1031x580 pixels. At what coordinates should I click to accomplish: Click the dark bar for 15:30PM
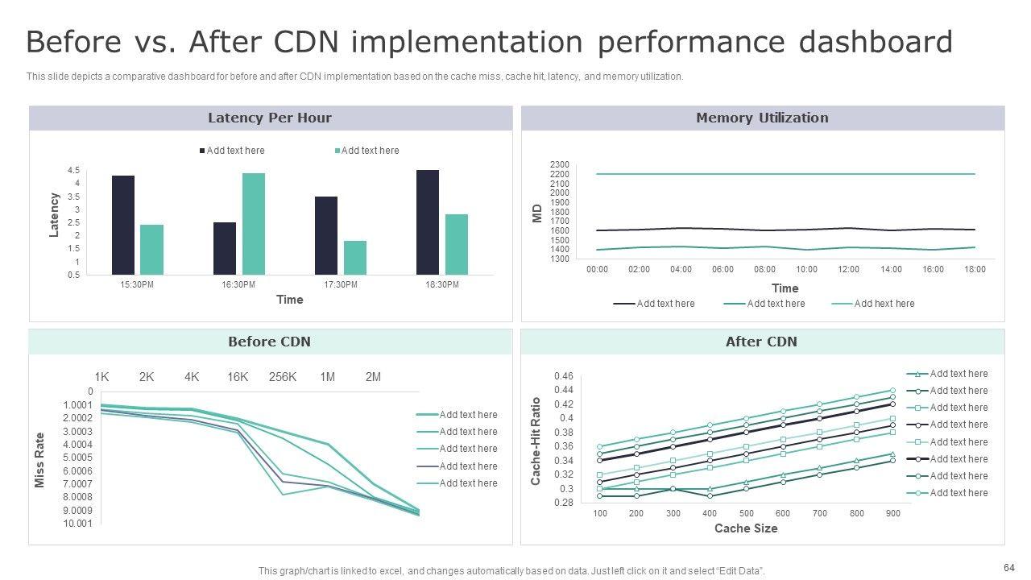123,225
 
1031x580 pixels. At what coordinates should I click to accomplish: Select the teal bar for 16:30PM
254,224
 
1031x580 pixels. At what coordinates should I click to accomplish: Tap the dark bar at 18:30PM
428,222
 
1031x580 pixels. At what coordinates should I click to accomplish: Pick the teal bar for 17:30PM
355,258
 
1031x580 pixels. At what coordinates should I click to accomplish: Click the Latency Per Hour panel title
270,118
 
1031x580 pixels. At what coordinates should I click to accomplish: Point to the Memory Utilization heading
762,118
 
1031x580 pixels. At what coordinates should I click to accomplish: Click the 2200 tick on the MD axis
559,174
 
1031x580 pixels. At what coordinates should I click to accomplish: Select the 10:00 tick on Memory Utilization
806,269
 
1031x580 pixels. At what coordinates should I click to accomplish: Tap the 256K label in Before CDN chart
283,377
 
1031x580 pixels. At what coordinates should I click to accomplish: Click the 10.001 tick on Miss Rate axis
78,524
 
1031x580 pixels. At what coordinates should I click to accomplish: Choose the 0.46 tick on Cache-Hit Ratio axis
564,376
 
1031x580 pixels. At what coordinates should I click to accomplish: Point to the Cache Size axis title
746,528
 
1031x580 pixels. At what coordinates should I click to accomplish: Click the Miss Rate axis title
40,460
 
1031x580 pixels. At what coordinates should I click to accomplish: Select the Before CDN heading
269,342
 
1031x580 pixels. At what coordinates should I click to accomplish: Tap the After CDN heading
761,342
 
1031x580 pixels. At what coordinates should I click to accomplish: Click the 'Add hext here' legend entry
884,304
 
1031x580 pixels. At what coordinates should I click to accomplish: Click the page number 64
1009,566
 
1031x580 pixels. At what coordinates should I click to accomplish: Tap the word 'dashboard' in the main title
876,42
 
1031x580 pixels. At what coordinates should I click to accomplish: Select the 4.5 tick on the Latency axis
73,170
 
